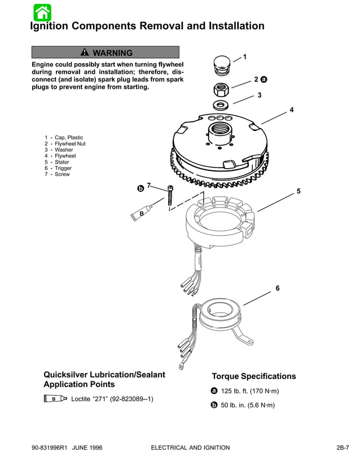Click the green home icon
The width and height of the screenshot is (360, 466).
pos(42,12)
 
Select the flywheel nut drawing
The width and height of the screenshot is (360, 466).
pos(221,89)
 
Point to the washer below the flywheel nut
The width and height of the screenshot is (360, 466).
pos(221,105)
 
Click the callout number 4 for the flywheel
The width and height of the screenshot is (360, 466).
pos(291,110)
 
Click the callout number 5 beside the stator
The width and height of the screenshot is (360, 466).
pos(298,191)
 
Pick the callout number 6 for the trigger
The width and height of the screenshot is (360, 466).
pos(277,288)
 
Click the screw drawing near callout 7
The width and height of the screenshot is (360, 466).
pos(170,197)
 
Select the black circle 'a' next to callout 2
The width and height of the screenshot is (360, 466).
pos(264,80)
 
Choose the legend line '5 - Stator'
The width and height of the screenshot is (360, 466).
pos(58,162)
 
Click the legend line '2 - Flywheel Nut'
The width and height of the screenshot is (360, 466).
pos(65,144)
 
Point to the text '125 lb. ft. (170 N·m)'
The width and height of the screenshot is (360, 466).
pos(249,391)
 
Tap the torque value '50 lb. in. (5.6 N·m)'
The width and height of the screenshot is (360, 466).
pos(248,405)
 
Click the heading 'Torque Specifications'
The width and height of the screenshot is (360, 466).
pos(253,376)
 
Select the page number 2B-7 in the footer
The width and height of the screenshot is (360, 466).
pos(343,447)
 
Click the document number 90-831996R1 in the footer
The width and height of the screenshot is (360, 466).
pos(51,447)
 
